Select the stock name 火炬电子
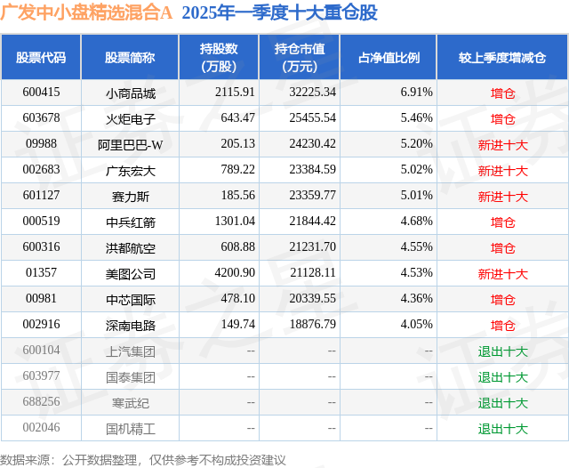click(x=130, y=118)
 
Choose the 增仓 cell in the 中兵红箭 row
click(x=502, y=222)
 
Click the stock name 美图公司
click(x=130, y=273)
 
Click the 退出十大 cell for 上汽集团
click(x=502, y=351)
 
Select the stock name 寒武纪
click(x=130, y=403)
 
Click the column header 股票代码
click(x=41, y=58)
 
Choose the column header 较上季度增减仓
click(x=502, y=58)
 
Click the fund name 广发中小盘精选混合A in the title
click(x=86, y=13)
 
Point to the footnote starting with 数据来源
click(x=143, y=459)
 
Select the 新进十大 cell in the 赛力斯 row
click(x=502, y=196)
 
